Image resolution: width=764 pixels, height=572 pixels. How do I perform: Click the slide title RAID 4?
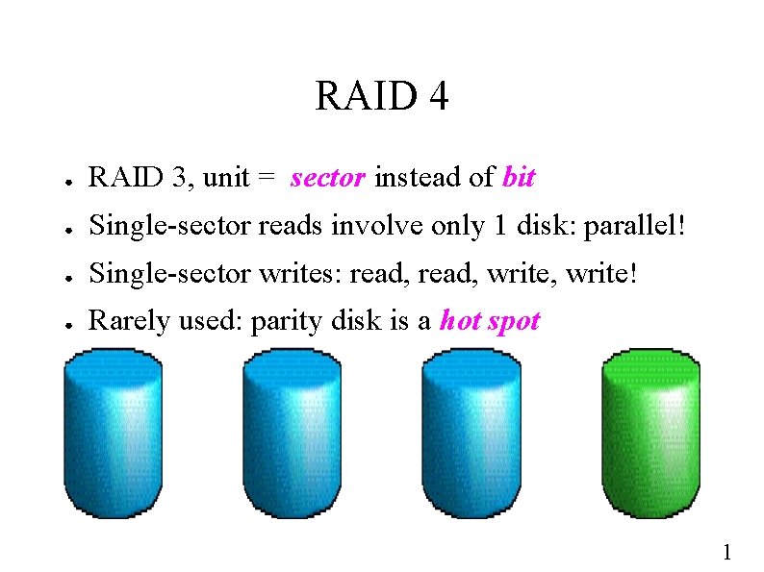pos(381,96)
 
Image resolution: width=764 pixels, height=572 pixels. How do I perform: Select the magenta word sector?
pos(327,178)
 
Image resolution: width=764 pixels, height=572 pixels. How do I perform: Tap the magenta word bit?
pos(519,178)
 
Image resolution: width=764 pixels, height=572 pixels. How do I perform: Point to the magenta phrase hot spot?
pos(490,320)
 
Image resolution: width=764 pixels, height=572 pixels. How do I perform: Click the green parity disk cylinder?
pos(650,433)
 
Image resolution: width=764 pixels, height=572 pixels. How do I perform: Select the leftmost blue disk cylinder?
pos(112,433)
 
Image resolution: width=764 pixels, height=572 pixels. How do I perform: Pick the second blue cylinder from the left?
pos(292,433)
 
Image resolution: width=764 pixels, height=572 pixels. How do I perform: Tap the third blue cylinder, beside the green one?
pos(471,433)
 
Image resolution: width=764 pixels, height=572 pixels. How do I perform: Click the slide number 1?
pos(726,552)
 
